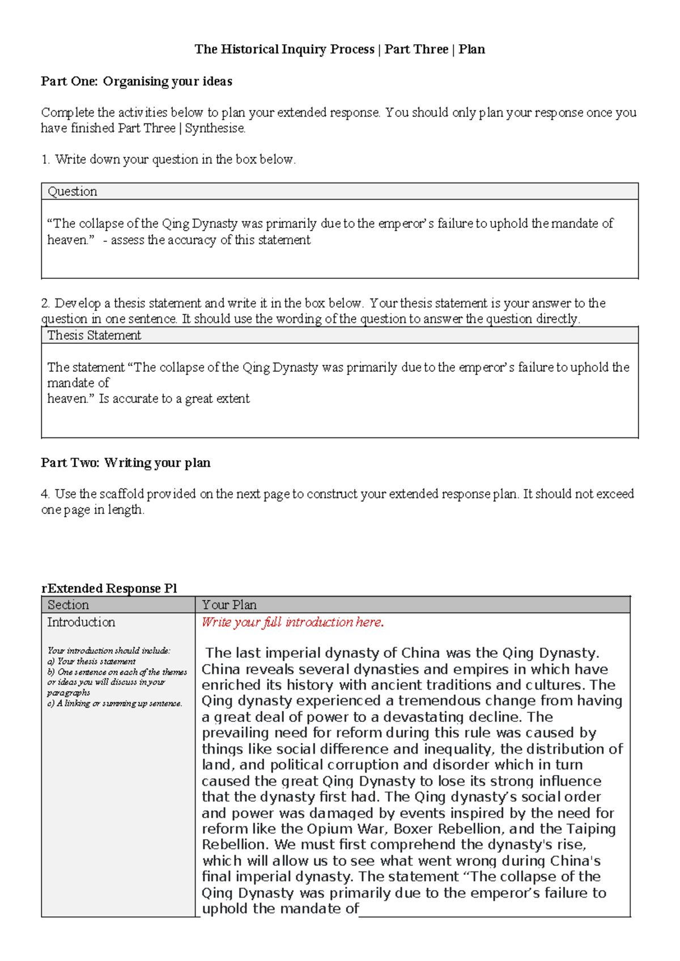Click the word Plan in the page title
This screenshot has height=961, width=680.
click(x=471, y=49)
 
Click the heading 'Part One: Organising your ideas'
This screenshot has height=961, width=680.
click(x=137, y=82)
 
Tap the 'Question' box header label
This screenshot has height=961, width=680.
click(x=73, y=192)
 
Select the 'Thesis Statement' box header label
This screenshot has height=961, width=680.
click(x=94, y=335)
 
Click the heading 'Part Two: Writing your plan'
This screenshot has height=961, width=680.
click(x=126, y=463)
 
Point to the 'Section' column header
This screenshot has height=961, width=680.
click(x=68, y=605)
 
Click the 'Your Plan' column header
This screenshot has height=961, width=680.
click(x=229, y=605)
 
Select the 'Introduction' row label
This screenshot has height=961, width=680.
click(x=81, y=622)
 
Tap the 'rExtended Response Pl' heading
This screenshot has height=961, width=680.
click(x=109, y=588)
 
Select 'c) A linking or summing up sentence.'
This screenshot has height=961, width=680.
click(x=115, y=703)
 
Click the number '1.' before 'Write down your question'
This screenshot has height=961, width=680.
click(x=46, y=160)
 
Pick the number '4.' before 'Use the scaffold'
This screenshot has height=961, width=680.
click(x=46, y=494)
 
